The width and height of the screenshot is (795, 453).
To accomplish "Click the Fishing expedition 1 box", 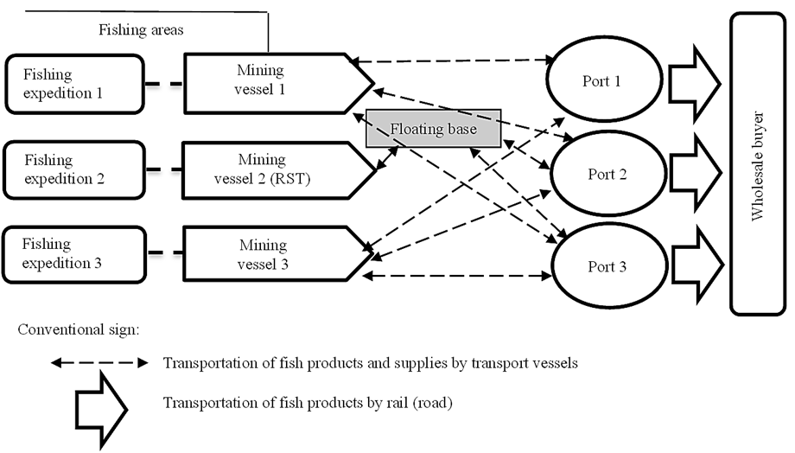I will coord(73,84).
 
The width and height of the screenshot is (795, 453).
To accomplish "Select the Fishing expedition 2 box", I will coord(73,169).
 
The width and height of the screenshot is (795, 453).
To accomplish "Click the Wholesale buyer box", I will coord(758,164).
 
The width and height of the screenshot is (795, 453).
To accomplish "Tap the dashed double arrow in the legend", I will coord(99,363).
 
